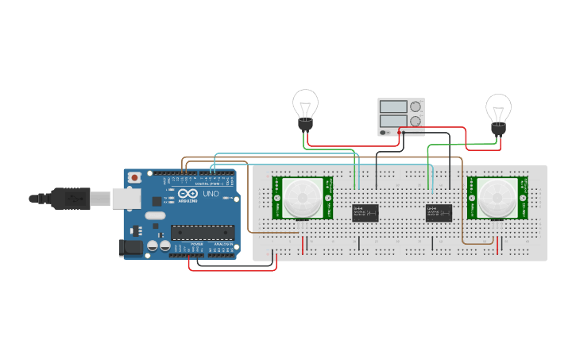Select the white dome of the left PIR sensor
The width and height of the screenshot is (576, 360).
[x=302, y=196]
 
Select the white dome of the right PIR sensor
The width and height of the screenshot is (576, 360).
[x=497, y=196]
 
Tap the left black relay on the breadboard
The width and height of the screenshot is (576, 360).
[x=365, y=212]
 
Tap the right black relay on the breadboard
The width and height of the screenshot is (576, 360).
[x=439, y=212]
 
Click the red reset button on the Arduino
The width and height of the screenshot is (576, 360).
[x=135, y=176]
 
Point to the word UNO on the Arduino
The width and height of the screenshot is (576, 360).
[x=211, y=194]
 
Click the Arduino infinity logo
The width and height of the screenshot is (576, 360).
[x=188, y=194]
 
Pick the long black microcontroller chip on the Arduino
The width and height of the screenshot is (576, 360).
[x=203, y=233]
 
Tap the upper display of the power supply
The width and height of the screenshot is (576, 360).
[x=393, y=106]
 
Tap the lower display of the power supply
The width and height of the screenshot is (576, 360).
[x=393, y=121]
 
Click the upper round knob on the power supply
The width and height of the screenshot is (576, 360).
[x=415, y=106]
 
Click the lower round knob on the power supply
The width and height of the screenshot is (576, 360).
[x=415, y=121]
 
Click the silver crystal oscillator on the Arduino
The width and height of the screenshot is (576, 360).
[x=155, y=215]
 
